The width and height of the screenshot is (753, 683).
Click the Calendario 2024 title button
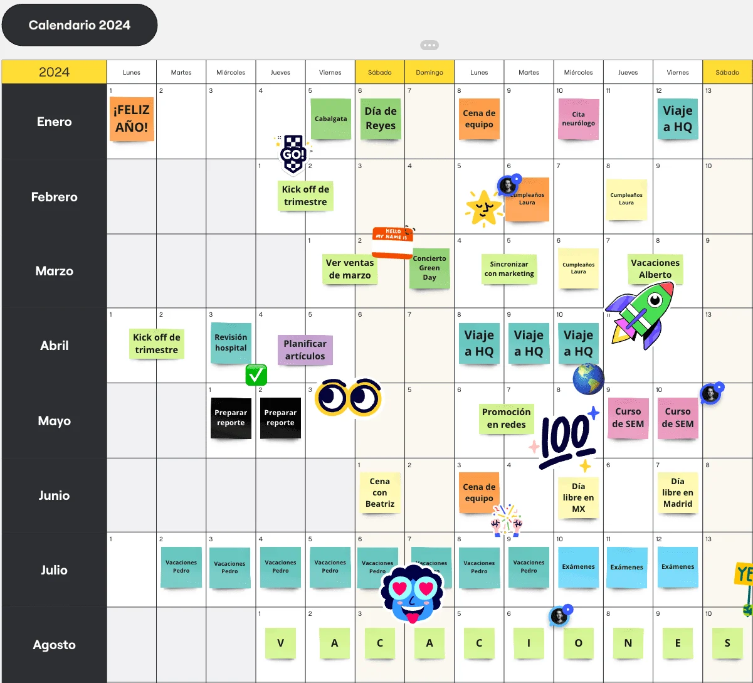pos(80,25)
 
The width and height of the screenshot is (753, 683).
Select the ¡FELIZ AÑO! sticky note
pos(132,119)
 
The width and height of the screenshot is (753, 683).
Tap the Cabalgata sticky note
pos(330,119)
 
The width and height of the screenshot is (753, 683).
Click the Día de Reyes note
pos(381,119)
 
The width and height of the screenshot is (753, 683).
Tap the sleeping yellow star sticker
pos(483,208)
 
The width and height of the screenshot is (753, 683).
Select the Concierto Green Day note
pos(429,268)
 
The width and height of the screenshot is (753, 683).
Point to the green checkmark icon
pos(256,375)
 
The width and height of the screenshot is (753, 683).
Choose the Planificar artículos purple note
pos(305,350)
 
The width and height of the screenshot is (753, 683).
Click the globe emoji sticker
pos(588,379)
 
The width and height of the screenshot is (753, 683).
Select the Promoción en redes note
pos(507,418)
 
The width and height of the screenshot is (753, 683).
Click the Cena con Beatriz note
pos(379,492)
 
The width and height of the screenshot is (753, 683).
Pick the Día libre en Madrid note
pos(678,492)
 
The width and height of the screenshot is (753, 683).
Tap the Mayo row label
pos(54,421)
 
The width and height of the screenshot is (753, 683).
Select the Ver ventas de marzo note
pos(350,269)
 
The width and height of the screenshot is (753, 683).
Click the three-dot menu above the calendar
pos(429,45)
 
